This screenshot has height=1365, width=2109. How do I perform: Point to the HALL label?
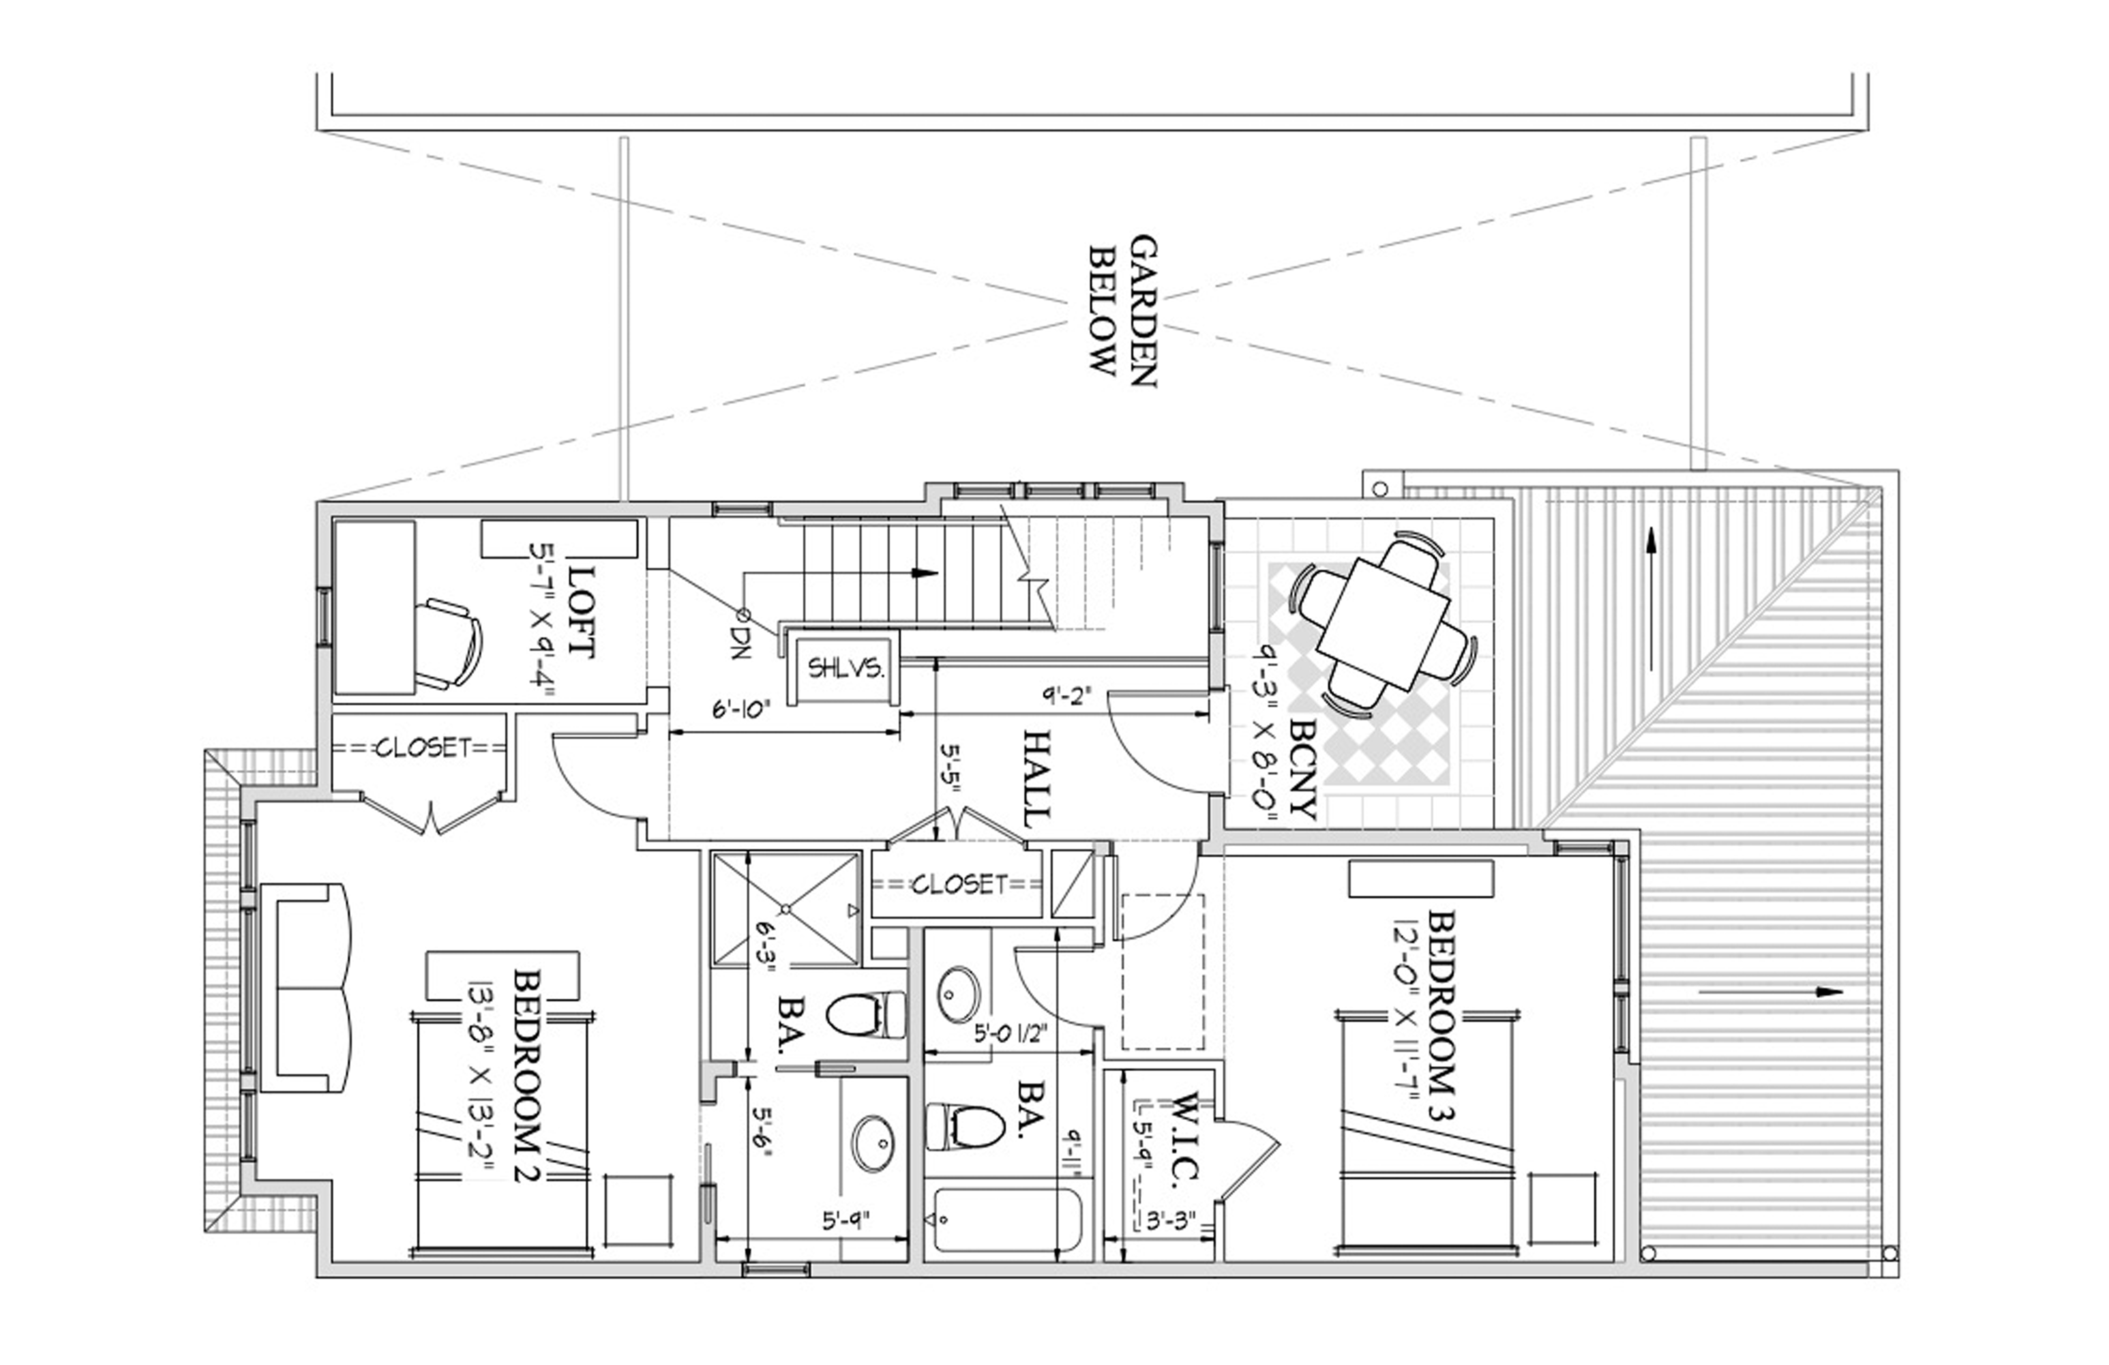pos(1038,778)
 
